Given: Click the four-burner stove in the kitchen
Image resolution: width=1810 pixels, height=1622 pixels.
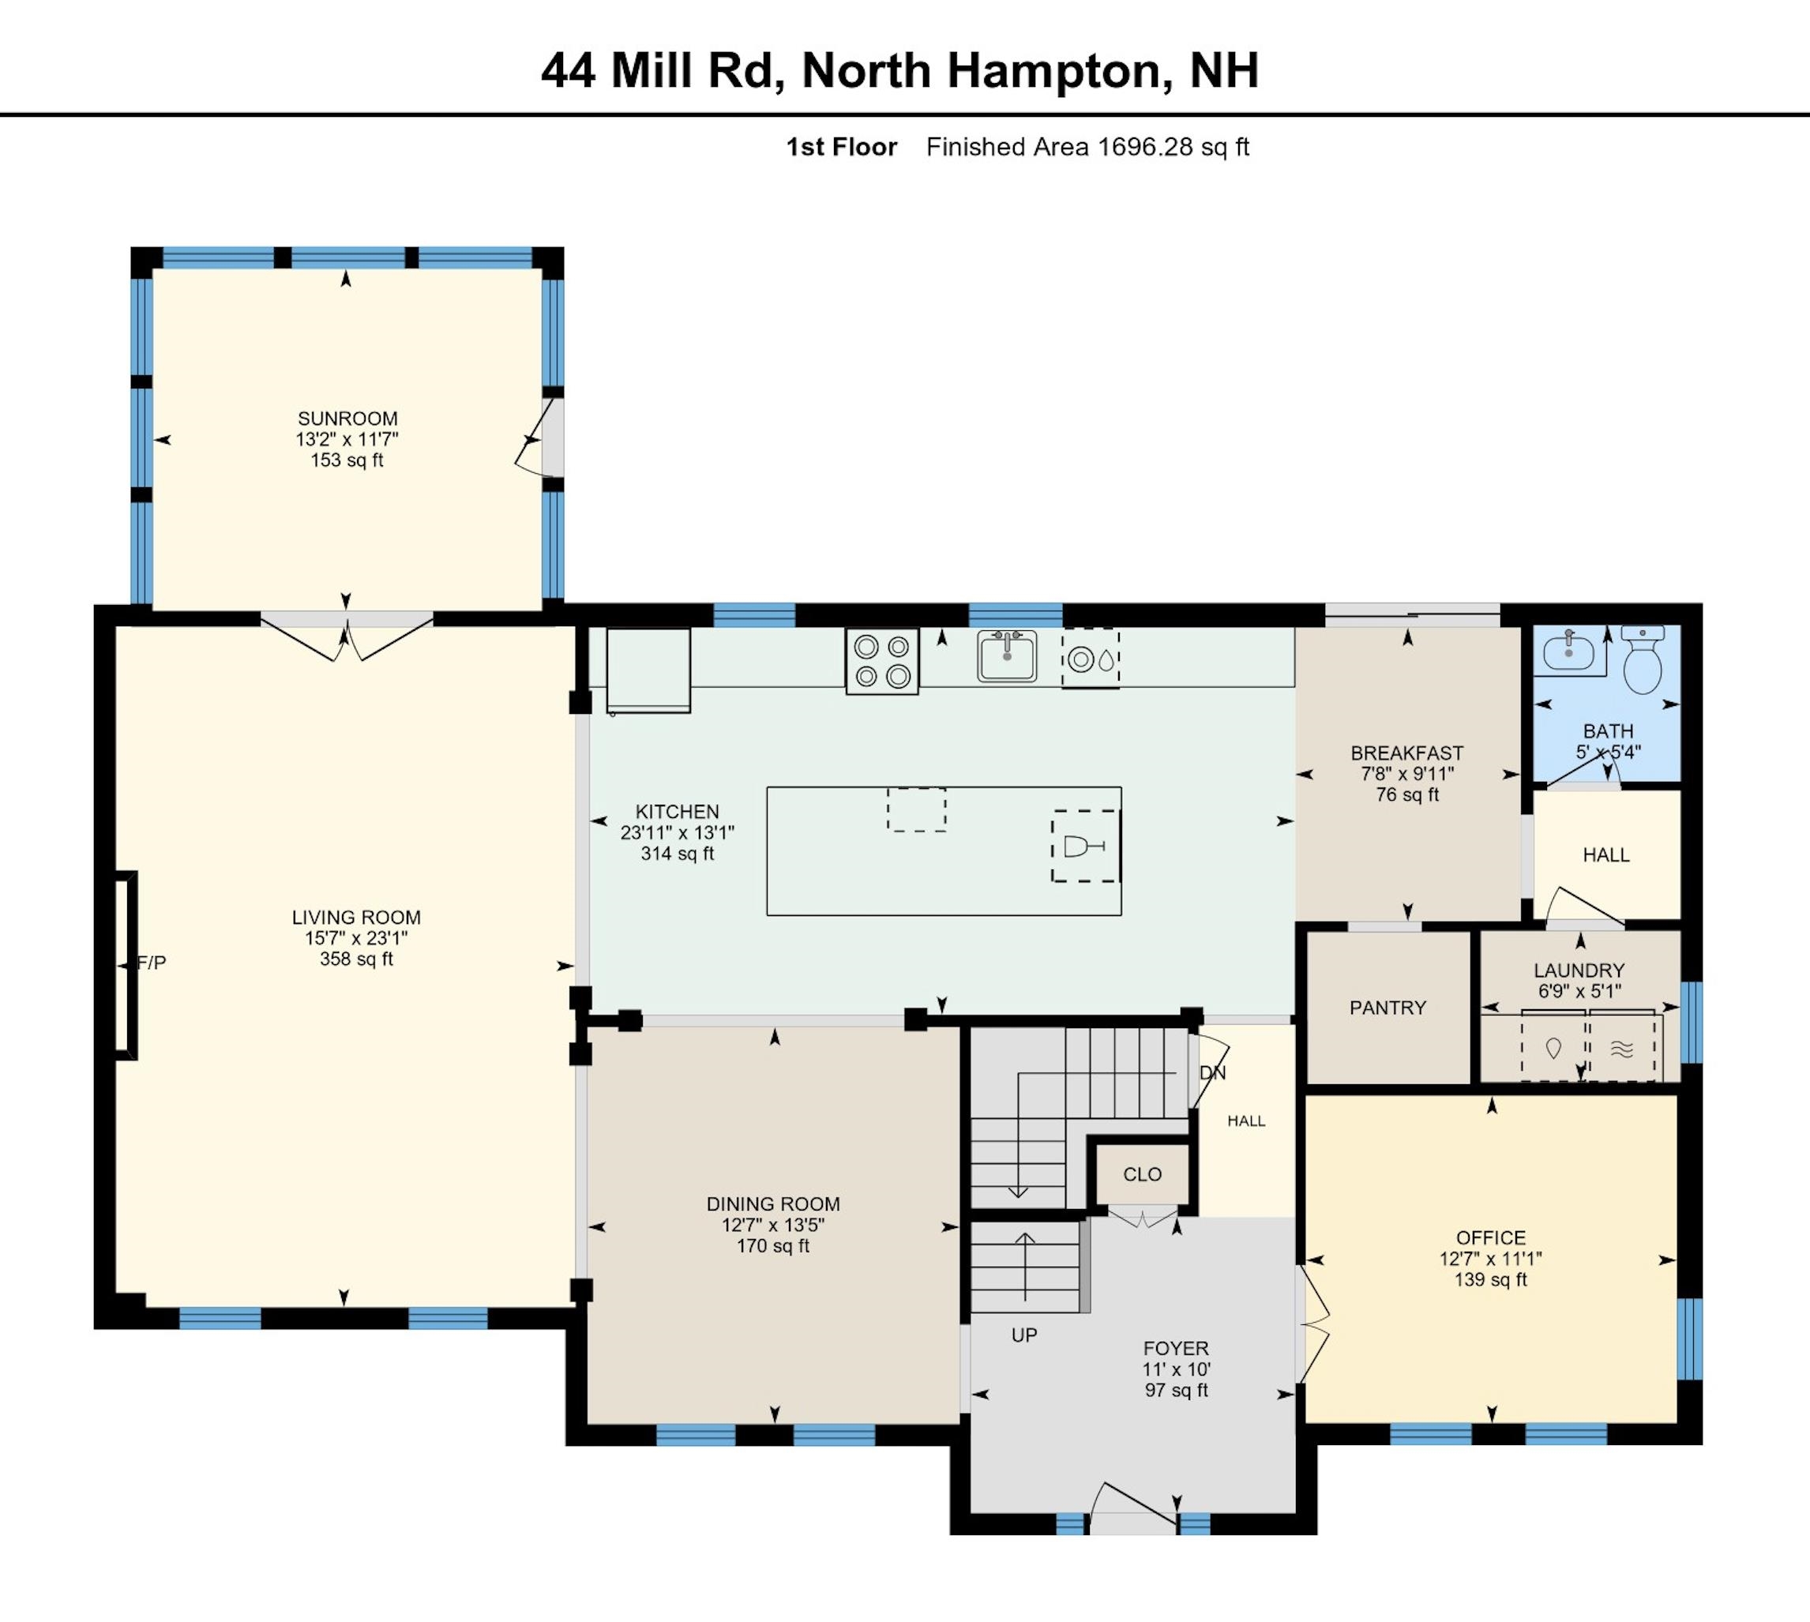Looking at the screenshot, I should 881,661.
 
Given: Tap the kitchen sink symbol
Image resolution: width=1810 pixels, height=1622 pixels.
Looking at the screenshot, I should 1007,657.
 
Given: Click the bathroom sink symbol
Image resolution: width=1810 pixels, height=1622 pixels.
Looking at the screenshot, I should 1568,653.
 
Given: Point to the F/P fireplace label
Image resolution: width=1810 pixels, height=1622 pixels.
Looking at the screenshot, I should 152,963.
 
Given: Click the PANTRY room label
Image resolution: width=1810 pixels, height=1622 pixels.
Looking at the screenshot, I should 1388,1007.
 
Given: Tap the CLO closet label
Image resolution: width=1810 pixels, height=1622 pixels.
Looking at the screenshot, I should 1142,1173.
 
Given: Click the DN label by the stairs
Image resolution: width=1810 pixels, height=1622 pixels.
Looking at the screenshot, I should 1212,1073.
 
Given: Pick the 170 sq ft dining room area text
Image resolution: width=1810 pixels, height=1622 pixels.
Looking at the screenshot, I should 772,1246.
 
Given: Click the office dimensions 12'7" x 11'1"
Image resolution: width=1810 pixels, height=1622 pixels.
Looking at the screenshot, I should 1490,1259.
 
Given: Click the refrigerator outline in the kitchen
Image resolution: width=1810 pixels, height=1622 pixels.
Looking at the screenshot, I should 648,670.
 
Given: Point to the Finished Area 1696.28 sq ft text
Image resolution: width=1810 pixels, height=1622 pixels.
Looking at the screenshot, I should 1087,147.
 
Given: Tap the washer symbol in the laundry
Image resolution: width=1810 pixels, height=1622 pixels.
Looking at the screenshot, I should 1553,1049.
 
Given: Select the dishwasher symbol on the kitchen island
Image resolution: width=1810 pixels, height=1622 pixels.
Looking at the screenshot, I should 1086,846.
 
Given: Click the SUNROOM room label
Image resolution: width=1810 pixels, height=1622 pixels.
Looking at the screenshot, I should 347,418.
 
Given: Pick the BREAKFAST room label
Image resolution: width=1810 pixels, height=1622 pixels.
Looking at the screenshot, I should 1406,753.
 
